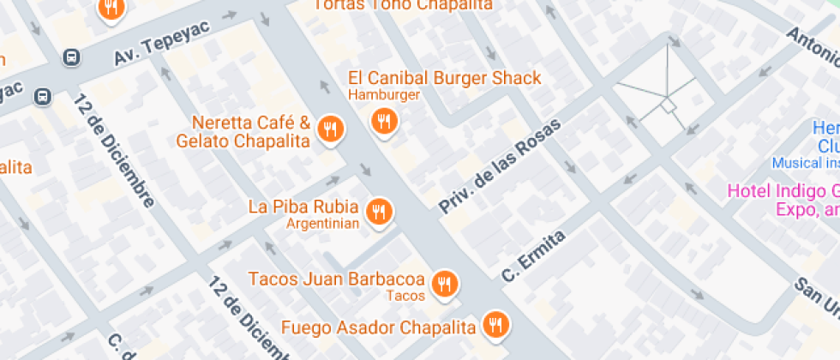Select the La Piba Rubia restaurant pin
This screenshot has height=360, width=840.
tap(379, 211)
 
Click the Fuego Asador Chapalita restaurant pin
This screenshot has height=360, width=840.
tap(495, 324)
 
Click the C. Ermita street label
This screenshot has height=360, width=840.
tap(534, 256)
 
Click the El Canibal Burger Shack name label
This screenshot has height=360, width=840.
tap(444, 78)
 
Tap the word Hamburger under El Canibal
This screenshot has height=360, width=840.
tap(384, 94)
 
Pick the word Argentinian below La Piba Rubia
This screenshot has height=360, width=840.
tap(322, 224)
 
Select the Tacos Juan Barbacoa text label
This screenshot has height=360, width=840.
tap(336, 279)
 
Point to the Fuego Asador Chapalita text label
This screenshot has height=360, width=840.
tap(378, 327)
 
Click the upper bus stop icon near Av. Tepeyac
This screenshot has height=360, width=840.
tap(72, 57)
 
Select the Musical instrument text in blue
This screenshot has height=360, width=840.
tap(805, 163)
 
